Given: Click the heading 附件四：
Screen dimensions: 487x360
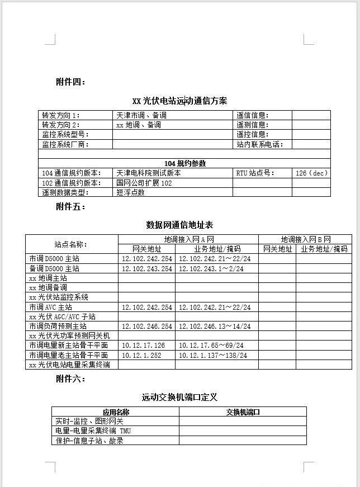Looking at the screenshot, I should (70, 82).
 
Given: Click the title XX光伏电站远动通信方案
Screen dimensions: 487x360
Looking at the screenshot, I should (179, 101).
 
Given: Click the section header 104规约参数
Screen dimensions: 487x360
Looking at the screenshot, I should (184, 163).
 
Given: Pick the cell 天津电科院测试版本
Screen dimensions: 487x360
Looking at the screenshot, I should (149, 173).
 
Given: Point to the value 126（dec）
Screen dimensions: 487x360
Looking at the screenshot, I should (311, 173).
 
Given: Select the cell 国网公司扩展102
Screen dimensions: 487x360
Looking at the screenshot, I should (144, 183).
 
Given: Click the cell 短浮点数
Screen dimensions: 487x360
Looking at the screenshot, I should (131, 192).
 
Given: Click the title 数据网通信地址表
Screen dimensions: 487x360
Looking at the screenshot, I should (179, 225).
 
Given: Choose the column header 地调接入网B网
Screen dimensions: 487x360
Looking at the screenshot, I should (305, 239).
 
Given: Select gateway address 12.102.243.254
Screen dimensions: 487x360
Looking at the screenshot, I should (147, 269).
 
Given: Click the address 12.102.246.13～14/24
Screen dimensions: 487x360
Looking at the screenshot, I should (215, 326).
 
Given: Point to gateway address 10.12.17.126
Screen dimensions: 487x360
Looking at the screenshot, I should (144, 346).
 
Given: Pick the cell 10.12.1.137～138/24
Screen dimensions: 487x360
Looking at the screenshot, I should (213, 355).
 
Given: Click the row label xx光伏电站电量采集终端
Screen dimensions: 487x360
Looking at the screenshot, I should (69, 365).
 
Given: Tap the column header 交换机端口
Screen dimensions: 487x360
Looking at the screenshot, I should (243, 412).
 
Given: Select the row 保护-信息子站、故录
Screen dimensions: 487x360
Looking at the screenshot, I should (89, 441).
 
